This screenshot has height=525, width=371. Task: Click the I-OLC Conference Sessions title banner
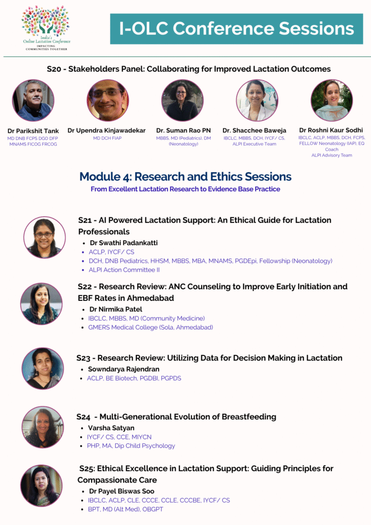237,29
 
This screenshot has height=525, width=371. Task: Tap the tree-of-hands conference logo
46,28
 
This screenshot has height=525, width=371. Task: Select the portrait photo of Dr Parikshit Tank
33,100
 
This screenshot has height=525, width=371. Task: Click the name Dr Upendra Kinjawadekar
107,131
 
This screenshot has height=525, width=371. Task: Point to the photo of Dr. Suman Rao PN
182,100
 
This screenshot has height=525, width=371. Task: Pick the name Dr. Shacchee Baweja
254,131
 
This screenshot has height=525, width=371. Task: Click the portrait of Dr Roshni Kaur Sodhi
332,100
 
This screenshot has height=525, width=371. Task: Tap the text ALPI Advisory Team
332,155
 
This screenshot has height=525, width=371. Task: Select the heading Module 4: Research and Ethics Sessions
186,176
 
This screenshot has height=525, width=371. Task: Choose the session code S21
85,220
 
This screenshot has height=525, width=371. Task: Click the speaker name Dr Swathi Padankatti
124,243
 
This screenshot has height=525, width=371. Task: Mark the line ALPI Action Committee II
124,270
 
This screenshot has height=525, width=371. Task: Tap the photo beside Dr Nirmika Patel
42,304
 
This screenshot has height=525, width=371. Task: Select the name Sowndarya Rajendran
123,369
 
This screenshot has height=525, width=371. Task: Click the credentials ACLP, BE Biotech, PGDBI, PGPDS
134,378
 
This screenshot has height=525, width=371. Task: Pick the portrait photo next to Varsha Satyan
43,427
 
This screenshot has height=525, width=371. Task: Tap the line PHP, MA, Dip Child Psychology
131,446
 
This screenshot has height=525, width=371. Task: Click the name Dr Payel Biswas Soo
122,491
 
